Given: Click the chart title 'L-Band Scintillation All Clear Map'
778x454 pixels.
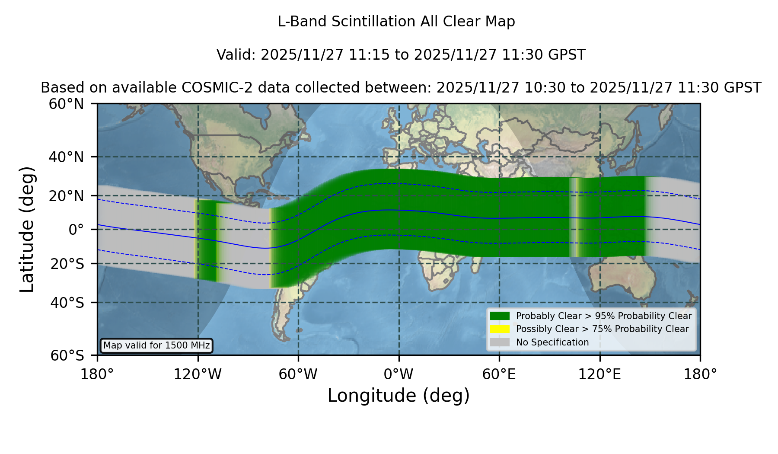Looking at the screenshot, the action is (x=396, y=22).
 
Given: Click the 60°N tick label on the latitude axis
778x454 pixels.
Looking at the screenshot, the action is (x=67, y=104).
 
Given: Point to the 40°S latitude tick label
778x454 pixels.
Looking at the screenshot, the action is (x=67, y=303).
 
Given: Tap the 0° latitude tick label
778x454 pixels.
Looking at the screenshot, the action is (x=76, y=230).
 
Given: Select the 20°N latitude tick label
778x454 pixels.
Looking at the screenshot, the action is (x=67, y=196).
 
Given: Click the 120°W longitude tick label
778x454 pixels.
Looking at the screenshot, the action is (x=198, y=374).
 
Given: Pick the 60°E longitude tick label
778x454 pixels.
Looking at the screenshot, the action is (x=499, y=374).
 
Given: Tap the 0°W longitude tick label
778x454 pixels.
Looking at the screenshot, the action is (x=399, y=374).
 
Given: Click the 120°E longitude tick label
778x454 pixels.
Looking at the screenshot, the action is (x=600, y=374).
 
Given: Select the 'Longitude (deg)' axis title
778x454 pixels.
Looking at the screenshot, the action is (x=399, y=396).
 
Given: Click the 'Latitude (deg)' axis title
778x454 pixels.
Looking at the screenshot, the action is (x=27, y=229).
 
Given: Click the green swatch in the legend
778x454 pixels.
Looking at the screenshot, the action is (x=500, y=316).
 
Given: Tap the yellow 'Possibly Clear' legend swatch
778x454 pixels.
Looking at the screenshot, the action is (x=500, y=329).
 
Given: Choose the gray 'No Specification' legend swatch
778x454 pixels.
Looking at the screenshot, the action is (x=500, y=342).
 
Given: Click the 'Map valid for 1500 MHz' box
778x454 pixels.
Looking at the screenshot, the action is (x=156, y=345).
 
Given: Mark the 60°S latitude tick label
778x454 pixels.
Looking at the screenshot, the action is (x=67, y=356).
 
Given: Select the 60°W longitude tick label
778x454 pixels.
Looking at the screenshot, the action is (x=298, y=374).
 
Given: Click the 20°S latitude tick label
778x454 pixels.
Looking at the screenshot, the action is (x=67, y=264).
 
